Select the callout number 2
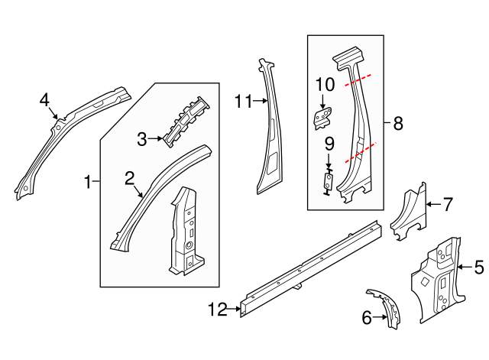130,178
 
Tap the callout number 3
141,139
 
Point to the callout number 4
44,99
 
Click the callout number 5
479,267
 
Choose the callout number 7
448,204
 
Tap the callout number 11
243,100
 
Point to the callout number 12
218,309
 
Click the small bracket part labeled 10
323,117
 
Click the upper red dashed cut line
358,79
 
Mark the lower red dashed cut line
361,153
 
